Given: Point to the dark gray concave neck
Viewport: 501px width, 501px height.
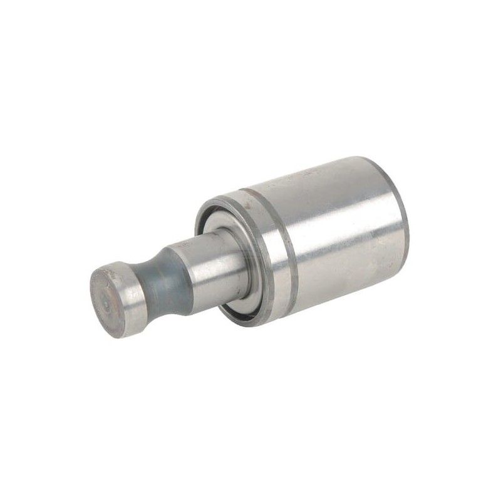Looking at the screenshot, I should click(x=164, y=279).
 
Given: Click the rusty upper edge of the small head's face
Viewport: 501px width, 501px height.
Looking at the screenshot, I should click(x=113, y=271).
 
